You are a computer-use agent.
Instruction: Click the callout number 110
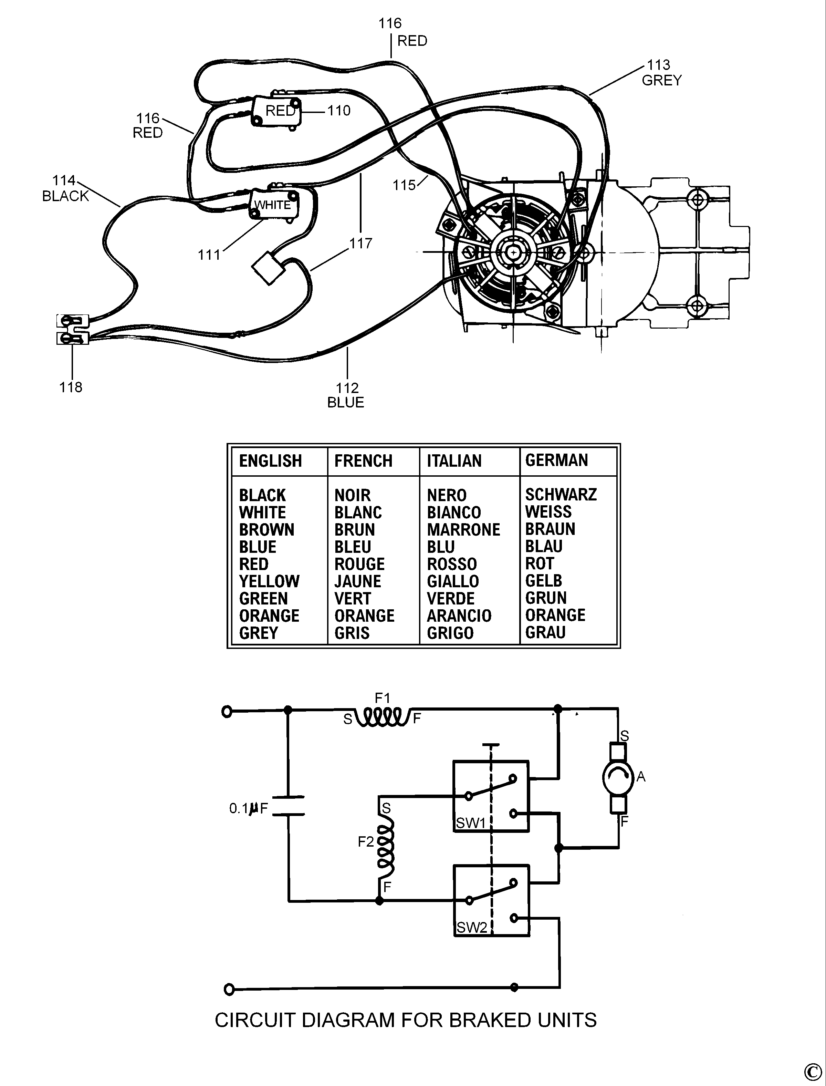click(339, 110)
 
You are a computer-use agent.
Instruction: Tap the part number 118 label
click(71, 387)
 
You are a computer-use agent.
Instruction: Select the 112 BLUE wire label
click(346, 395)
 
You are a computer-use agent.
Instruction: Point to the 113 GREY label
click(662, 72)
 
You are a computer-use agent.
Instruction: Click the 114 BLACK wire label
click(65, 188)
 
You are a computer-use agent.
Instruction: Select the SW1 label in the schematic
click(471, 823)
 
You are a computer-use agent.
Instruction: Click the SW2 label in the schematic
click(471, 928)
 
